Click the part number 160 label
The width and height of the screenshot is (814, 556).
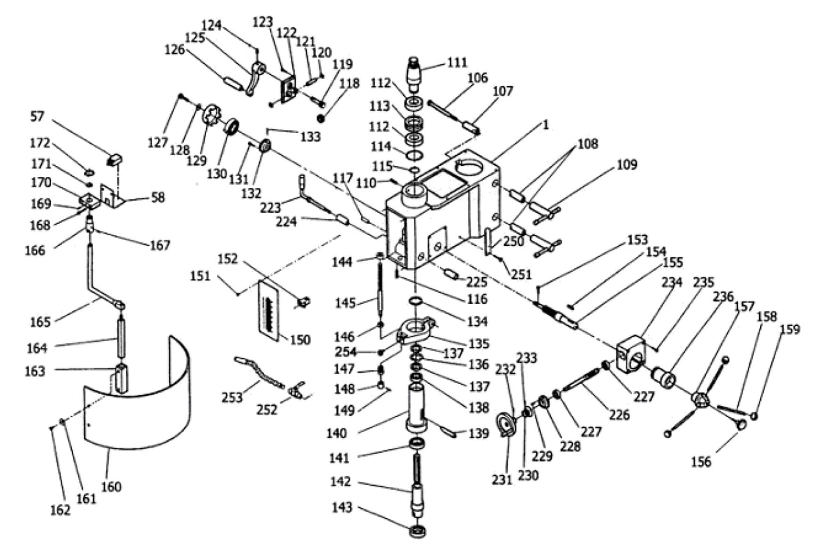111,486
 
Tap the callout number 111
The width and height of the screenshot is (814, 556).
457,63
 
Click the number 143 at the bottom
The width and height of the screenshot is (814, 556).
342,508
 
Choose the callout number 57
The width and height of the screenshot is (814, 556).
37,116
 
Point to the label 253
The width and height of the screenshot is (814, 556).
232,397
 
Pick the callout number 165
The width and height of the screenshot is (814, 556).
40,322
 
